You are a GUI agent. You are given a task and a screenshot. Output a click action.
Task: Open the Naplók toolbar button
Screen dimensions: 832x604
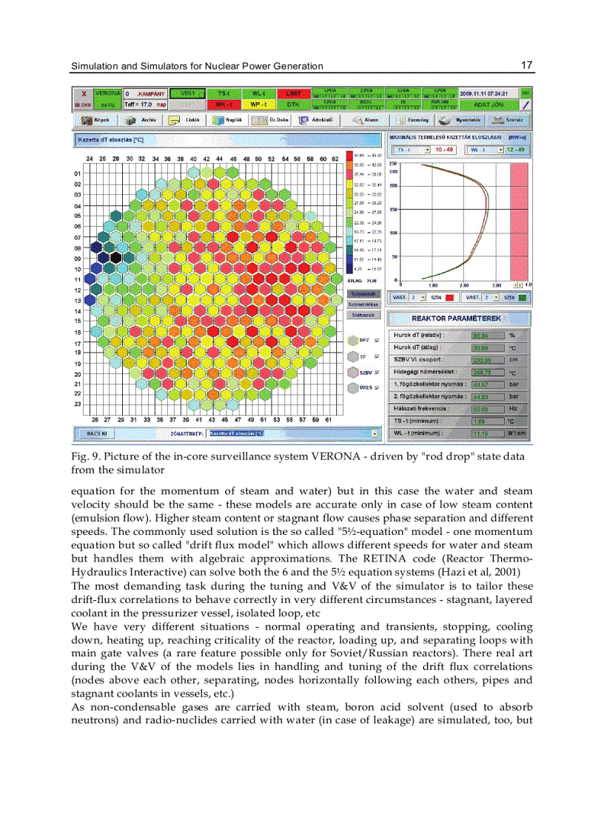click(227, 120)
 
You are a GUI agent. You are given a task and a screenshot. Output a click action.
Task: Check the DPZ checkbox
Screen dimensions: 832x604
click(377, 340)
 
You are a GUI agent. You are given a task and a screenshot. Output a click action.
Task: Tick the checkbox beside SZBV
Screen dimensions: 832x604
click(377, 372)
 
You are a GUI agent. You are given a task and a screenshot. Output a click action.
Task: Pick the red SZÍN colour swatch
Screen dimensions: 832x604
click(449, 297)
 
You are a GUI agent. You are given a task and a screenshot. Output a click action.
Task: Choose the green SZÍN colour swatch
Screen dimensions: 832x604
click(523, 297)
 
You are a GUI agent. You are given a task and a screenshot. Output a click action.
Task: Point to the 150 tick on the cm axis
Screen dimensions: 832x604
click(394, 210)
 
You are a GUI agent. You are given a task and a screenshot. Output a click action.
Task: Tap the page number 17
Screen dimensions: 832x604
click(526, 66)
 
